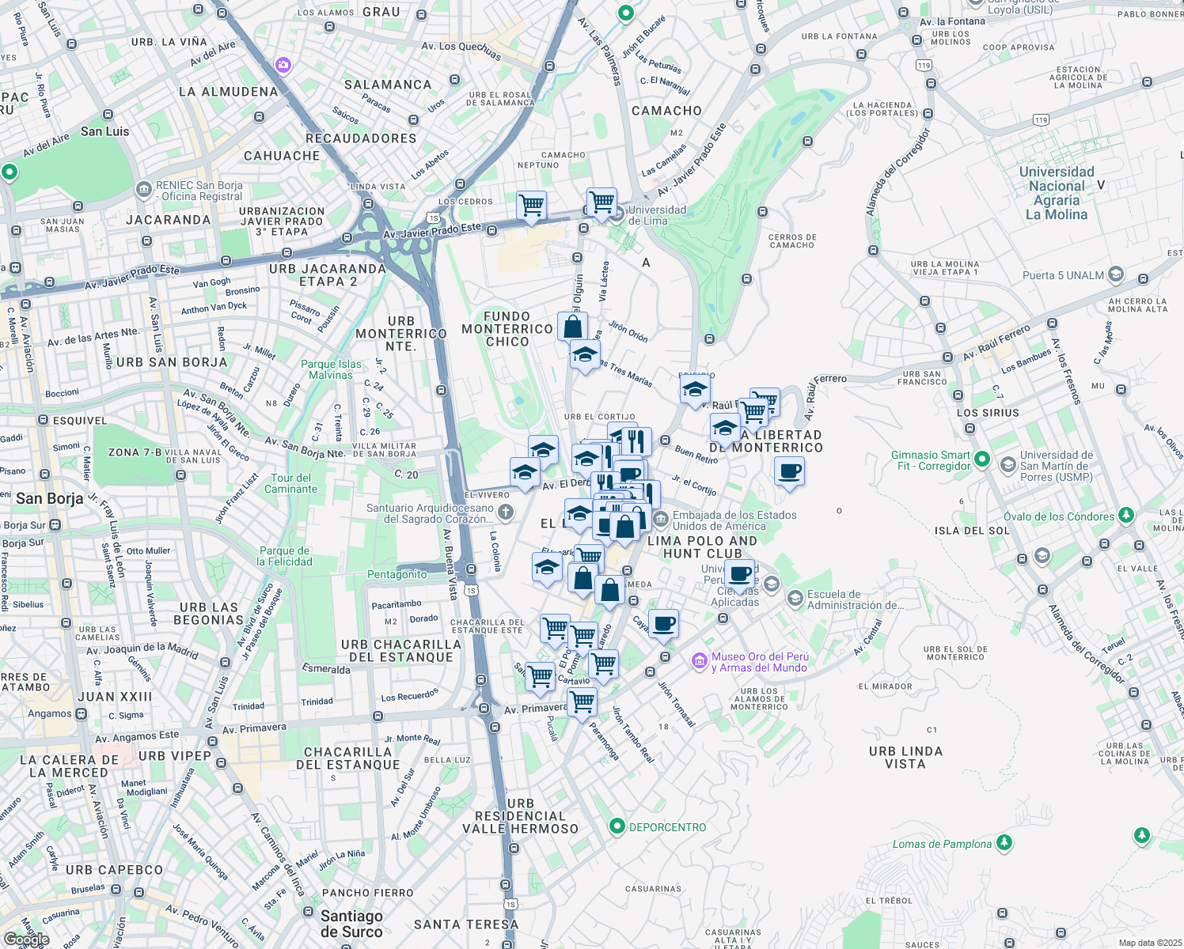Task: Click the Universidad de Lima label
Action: point(657,215)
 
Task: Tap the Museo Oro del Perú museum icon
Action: point(699,661)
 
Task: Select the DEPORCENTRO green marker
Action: point(617,826)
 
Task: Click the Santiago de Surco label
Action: point(351,923)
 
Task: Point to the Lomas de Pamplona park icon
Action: point(1004,843)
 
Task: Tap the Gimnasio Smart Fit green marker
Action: point(982,459)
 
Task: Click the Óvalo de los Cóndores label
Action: point(1059,516)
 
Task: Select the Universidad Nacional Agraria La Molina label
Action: point(1057,193)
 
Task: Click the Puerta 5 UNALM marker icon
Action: point(1116,274)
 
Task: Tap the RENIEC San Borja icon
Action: point(144,190)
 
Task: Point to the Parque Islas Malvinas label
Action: point(331,369)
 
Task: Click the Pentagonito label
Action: point(397,574)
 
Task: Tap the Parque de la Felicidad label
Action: point(284,556)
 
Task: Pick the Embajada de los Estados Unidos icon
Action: point(660,518)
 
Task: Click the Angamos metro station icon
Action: point(82,713)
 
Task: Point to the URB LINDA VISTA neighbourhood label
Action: point(905,757)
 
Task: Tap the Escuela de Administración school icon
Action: point(795,599)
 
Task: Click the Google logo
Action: point(25,940)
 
